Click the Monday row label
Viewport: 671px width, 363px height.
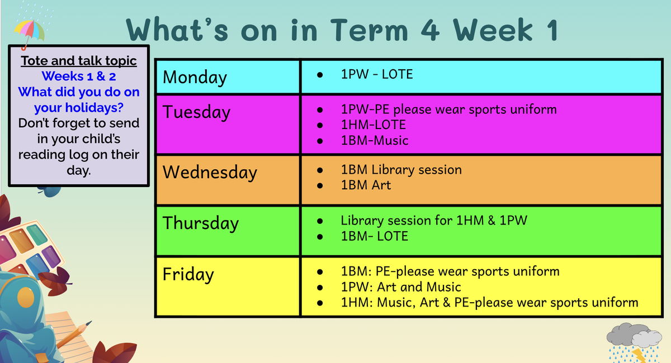point(195,78)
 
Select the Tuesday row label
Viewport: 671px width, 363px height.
point(196,112)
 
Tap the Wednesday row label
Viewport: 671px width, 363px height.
point(210,173)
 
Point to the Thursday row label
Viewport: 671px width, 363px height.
point(201,223)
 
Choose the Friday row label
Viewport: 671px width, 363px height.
point(188,274)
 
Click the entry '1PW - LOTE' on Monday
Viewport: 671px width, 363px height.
point(377,74)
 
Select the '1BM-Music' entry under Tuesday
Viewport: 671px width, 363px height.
point(375,140)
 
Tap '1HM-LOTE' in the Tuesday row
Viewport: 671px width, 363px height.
point(374,125)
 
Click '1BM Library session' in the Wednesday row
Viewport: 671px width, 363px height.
point(401,170)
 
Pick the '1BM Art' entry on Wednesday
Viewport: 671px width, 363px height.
point(366,185)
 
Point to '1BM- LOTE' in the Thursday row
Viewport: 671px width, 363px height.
point(375,236)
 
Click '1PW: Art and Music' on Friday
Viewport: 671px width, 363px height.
point(401,287)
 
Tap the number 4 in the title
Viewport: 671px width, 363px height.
point(430,30)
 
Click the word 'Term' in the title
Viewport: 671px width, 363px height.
point(369,30)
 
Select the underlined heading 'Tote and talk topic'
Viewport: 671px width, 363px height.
point(79,61)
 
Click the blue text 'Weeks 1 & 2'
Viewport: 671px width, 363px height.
point(79,77)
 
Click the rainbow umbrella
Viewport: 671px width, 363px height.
point(29,31)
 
